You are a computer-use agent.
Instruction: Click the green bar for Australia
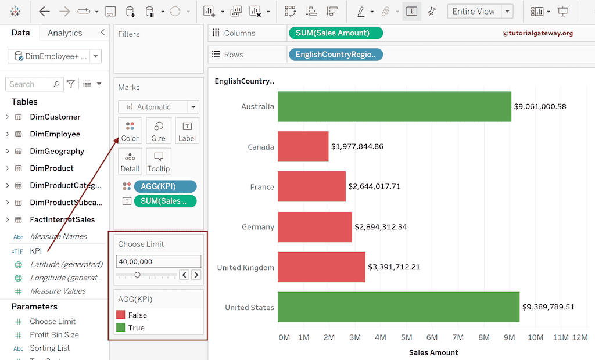click(394, 106)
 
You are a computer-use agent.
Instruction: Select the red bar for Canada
click(303, 146)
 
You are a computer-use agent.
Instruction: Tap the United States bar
click(398, 307)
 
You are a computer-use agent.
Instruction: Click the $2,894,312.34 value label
click(381, 227)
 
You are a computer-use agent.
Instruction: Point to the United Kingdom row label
click(245, 268)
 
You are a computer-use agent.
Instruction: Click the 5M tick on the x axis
click(406, 337)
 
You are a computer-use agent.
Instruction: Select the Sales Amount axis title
click(433, 352)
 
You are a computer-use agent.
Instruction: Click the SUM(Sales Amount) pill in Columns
click(335, 33)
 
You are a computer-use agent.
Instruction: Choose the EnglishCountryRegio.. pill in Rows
click(335, 55)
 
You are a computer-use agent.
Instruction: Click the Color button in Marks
click(130, 131)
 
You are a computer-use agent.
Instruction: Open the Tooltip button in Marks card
click(158, 161)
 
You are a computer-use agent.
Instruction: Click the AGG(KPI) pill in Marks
click(164, 186)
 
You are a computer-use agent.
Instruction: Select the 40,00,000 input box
click(158, 262)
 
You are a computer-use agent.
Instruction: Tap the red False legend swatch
click(121, 315)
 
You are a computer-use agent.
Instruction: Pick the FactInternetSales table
click(62, 219)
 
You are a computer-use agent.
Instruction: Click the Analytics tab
click(64, 33)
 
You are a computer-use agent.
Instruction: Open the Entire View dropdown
click(480, 11)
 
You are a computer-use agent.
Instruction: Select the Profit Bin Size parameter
click(54, 334)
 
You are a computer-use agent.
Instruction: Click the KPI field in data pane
click(35, 251)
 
